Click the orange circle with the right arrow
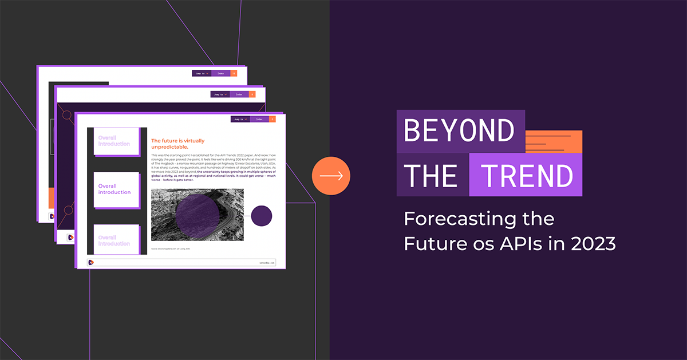(x=331, y=176)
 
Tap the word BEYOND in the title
(x=459, y=131)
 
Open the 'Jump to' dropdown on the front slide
(x=240, y=119)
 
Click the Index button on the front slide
(x=259, y=119)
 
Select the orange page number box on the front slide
(x=272, y=119)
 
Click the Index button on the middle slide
(x=239, y=94)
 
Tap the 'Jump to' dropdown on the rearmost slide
(x=202, y=73)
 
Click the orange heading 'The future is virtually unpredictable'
(x=177, y=143)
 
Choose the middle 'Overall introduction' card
(x=115, y=189)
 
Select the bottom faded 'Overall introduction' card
(x=114, y=240)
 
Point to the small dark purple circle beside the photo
(x=262, y=216)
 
